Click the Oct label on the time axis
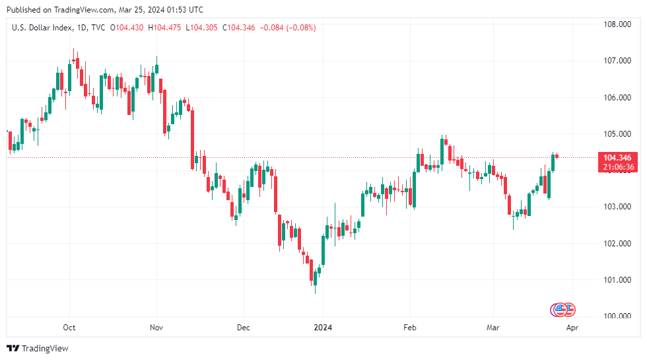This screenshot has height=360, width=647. coord(69,328)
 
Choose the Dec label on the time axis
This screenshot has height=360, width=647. coord(243,328)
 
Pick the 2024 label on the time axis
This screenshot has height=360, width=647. coord(323,328)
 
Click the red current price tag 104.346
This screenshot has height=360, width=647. coord(617,158)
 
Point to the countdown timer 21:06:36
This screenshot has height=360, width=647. coord(617,167)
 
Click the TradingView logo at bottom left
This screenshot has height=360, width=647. coord(38,348)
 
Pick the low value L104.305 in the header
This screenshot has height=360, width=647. coord(203,27)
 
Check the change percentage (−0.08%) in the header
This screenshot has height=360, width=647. coord(299,27)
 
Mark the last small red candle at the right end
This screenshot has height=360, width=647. coord(557,157)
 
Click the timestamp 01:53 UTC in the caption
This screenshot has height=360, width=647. coord(185,10)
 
